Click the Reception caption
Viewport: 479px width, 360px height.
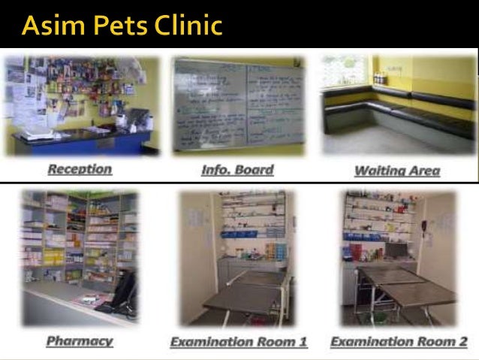[80, 169]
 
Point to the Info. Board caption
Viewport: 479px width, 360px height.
[238, 170]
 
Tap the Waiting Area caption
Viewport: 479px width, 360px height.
[396, 171]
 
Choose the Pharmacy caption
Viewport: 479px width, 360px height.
[80, 340]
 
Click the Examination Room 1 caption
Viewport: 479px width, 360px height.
[239, 342]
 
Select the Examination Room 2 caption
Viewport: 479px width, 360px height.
[399, 342]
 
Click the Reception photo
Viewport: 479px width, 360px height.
[81, 105]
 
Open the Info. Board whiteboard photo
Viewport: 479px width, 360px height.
[239, 106]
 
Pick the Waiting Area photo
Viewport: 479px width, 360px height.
[398, 105]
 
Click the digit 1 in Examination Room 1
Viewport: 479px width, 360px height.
[303, 342]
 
